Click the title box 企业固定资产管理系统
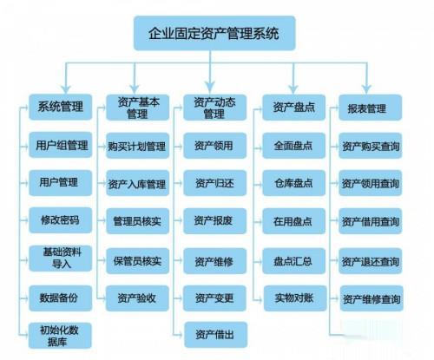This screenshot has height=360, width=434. [214, 33]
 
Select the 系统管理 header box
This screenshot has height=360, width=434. [61, 107]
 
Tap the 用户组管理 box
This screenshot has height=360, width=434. [61, 145]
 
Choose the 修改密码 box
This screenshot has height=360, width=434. [61, 220]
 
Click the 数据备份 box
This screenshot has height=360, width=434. [61, 298]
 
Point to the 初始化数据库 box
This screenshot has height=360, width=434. [60, 336]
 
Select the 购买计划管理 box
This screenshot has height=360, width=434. [137, 146]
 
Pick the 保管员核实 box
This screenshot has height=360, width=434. [137, 261]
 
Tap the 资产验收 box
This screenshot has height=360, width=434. [137, 298]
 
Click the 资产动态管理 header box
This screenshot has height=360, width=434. [214, 108]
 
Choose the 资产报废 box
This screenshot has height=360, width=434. [214, 221]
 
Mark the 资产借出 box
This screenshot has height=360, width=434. [215, 335]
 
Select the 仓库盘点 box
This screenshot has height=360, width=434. [293, 183]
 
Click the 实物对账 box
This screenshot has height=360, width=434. [295, 298]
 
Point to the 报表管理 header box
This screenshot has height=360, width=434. [371, 108]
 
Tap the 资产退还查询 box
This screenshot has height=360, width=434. [371, 261]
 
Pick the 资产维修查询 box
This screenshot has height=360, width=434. [372, 298]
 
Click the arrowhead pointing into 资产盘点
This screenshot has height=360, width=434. [293, 89]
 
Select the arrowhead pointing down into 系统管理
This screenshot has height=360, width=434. [66, 89]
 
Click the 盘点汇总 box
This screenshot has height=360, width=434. [293, 261]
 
